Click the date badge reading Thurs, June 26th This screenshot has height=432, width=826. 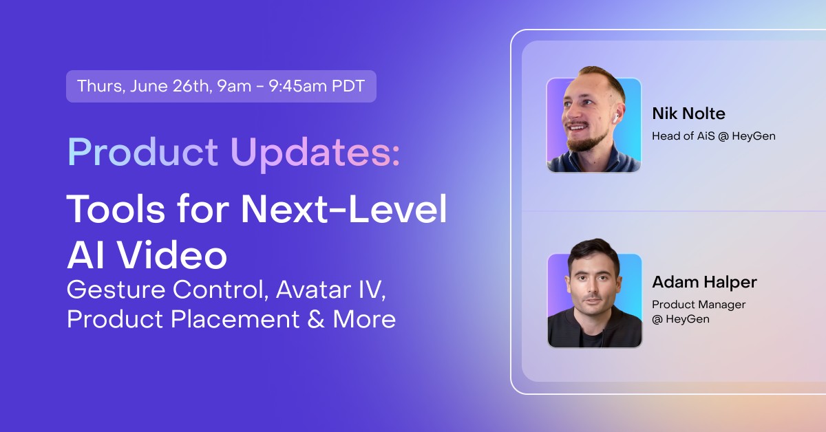[x=220, y=87]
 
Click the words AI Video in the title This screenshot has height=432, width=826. [x=147, y=255]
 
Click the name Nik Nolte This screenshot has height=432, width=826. [x=688, y=114]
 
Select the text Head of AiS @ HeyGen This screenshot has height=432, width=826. [x=713, y=136]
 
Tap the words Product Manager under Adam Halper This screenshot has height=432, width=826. [x=699, y=304]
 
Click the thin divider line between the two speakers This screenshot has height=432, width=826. [x=668, y=211]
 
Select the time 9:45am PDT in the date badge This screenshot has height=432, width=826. [x=327, y=87]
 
